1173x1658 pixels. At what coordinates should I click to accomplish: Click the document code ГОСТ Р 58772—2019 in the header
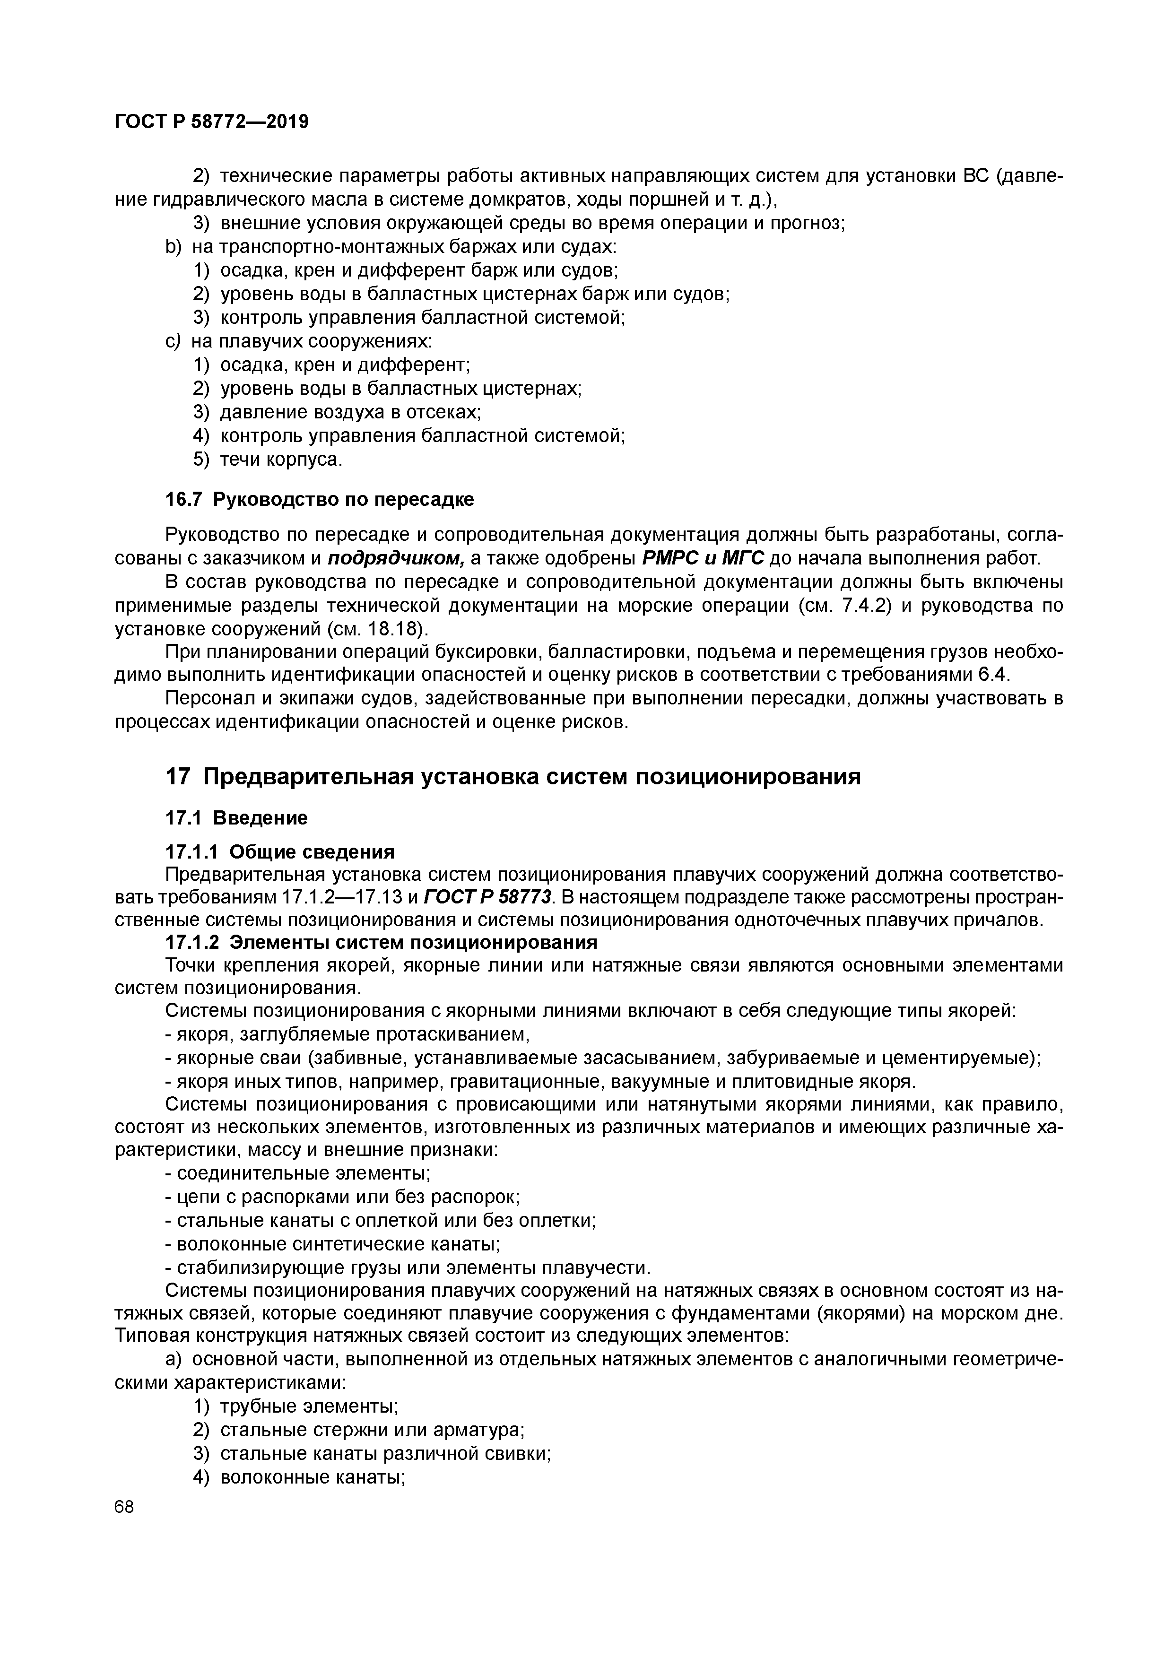212,122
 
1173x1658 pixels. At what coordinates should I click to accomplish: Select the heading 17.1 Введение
236,818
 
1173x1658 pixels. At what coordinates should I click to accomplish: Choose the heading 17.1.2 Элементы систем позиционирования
382,942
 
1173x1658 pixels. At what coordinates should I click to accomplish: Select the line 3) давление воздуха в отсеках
337,412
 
